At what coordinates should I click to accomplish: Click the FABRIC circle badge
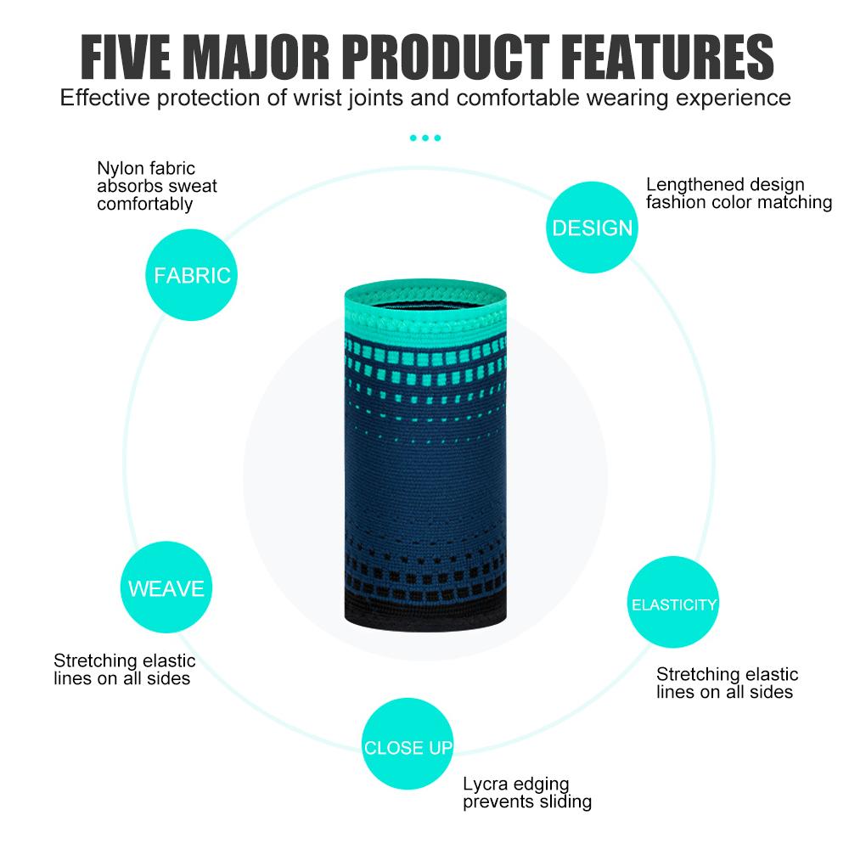click(x=192, y=275)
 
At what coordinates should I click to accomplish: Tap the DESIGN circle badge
click(x=592, y=228)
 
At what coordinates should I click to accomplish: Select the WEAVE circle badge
click(x=166, y=588)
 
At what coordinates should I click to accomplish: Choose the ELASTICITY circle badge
click(x=674, y=604)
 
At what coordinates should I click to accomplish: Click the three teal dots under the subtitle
click(x=424, y=138)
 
